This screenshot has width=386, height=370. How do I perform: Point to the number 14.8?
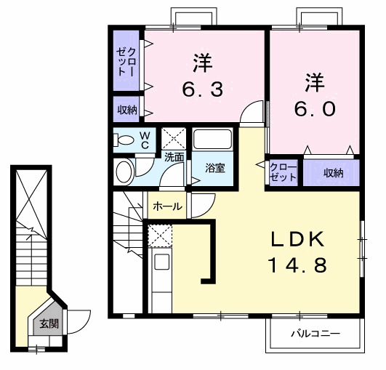coord(298,265)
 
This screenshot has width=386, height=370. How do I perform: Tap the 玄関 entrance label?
coord(49,324)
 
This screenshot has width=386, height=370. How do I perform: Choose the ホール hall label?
coord(168,207)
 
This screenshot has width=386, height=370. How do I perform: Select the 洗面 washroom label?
coord(173,156)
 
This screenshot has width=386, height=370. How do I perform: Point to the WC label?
coord(145,140)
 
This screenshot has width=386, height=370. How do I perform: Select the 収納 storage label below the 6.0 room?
coord(333,173)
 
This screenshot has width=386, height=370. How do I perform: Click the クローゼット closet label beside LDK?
coord(283,173)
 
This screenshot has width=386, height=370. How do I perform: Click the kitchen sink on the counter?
coord(161,262)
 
